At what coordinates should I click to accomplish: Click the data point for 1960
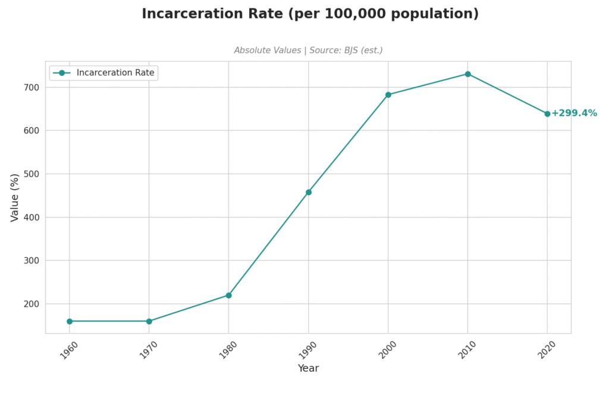click(x=70, y=321)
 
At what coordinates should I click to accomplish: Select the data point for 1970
click(x=149, y=321)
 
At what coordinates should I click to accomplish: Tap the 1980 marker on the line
click(x=228, y=296)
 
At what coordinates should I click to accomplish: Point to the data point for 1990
click(x=309, y=192)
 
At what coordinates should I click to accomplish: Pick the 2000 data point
click(x=388, y=95)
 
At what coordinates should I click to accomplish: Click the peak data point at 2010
click(x=468, y=74)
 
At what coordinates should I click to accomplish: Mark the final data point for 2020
click(x=547, y=114)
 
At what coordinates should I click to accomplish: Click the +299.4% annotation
click(x=574, y=114)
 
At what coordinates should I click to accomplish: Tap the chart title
click(x=310, y=14)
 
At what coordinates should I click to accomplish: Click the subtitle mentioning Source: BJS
click(x=308, y=51)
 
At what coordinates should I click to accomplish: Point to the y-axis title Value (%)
click(x=15, y=197)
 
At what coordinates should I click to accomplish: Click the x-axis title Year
click(x=308, y=369)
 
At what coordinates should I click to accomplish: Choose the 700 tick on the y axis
click(x=32, y=87)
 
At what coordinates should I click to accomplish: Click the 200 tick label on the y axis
click(x=32, y=304)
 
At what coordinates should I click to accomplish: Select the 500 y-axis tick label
click(x=32, y=174)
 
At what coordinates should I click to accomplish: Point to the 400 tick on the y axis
click(x=32, y=217)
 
